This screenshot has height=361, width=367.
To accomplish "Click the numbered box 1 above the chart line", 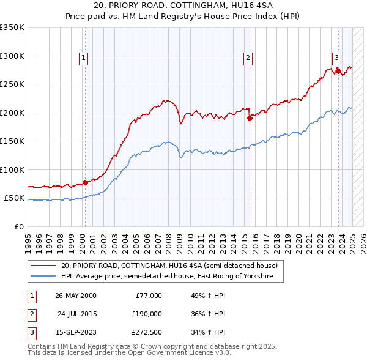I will pos(83,58).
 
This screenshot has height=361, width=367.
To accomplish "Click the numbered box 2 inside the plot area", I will pos(248,58).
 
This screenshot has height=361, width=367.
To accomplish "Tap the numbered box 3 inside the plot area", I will pos(336,58).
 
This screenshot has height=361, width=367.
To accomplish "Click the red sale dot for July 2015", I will pos(250,118).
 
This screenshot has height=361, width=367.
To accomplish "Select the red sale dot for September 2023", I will pos(338,71).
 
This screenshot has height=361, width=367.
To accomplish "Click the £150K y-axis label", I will pos(12,141).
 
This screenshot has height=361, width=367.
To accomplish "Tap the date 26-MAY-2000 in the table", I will pos(76,296).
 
